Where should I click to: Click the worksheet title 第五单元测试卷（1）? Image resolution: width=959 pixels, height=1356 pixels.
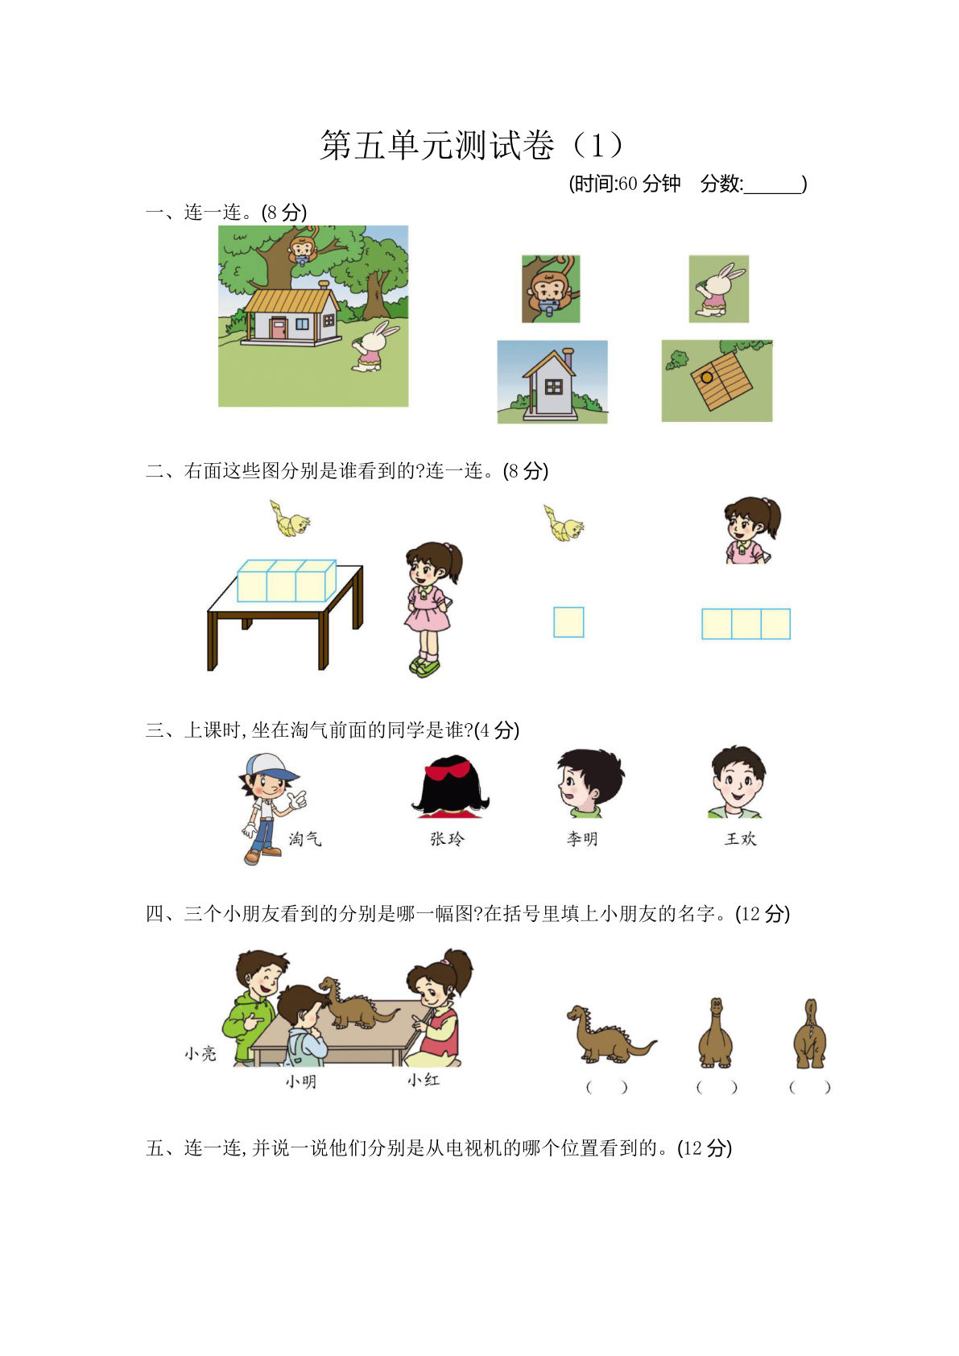[x=472, y=146]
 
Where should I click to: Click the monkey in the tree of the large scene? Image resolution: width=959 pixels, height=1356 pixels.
[x=302, y=250]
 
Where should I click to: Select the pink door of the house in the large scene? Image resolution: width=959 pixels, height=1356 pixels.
[x=279, y=328]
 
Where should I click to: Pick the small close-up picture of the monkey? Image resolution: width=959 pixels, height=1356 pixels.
[x=551, y=289]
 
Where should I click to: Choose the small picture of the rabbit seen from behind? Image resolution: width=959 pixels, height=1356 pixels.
[x=718, y=289]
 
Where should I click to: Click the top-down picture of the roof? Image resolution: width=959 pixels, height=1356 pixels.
[x=717, y=380]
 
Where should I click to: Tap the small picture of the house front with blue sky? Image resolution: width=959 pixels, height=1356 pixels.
[x=552, y=382]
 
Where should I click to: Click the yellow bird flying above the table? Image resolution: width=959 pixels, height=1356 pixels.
[x=290, y=519]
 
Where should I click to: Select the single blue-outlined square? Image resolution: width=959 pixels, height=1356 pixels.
[x=568, y=622]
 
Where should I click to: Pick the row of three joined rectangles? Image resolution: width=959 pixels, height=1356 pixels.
[x=746, y=624]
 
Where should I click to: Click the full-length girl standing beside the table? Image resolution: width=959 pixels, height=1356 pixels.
[x=430, y=608]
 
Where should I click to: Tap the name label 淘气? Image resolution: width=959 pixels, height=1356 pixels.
[x=305, y=839]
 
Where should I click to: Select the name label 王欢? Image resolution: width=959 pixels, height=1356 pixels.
[x=740, y=839]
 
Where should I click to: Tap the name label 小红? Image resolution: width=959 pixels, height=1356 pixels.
[x=424, y=1080]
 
